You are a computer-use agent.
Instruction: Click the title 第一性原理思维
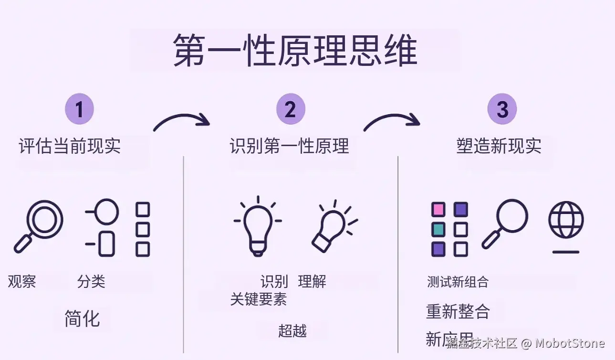click(x=295, y=50)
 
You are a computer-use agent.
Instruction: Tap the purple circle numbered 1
click(x=79, y=109)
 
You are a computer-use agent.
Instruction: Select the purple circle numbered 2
click(x=290, y=109)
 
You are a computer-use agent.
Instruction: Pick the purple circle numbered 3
click(x=502, y=109)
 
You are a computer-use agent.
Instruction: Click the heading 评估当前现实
click(x=70, y=146)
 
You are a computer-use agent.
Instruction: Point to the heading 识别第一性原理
click(x=290, y=146)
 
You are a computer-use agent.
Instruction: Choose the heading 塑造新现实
click(x=499, y=146)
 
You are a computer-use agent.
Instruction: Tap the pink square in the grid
click(x=438, y=210)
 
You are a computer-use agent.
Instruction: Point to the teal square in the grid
click(x=438, y=229)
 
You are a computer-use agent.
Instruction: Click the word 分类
click(x=91, y=281)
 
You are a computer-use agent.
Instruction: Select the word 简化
click(x=82, y=318)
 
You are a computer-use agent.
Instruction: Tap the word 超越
click(x=292, y=330)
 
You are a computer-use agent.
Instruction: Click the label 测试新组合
click(x=458, y=282)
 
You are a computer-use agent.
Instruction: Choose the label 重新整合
click(x=458, y=311)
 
